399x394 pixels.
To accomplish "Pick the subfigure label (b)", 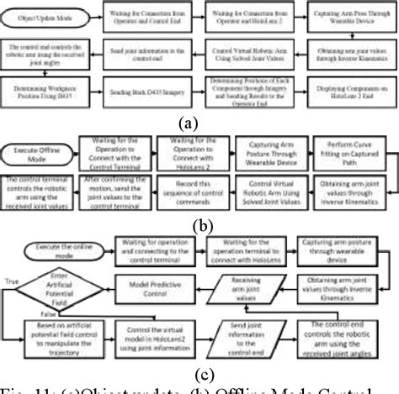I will pos(199,224).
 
